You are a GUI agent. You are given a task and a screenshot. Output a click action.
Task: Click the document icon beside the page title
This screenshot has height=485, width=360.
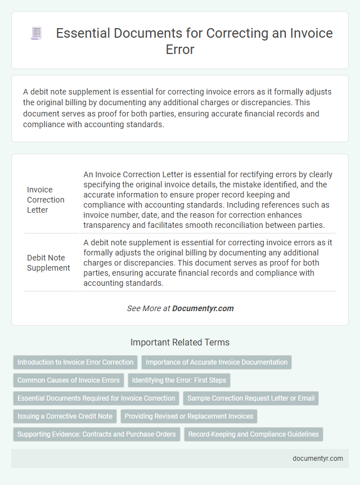click(37, 33)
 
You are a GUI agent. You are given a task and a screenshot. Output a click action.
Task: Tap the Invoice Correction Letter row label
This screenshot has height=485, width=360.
click(46, 200)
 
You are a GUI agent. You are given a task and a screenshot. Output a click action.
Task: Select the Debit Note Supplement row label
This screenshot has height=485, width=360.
click(48, 263)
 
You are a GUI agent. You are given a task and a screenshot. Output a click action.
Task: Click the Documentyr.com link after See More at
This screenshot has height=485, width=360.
click(202, 308)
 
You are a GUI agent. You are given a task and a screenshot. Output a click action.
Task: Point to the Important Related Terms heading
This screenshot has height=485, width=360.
click(180, 342)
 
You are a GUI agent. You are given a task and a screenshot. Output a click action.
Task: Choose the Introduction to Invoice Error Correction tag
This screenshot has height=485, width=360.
click(75, 362)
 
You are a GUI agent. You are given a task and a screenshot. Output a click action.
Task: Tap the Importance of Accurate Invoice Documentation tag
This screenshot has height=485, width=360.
click(217, 362)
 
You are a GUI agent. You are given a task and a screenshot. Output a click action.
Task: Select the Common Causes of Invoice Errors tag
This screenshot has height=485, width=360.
click(68, 380)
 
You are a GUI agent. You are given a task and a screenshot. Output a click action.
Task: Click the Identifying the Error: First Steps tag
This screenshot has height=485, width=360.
click(179, 380)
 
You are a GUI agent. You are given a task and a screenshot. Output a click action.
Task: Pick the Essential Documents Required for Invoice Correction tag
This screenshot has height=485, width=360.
click(96, 398)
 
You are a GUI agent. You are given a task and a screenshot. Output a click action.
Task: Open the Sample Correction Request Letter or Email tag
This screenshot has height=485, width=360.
click(251, 398)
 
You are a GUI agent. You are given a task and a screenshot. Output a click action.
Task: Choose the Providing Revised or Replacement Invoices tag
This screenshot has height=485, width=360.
click(188, 416)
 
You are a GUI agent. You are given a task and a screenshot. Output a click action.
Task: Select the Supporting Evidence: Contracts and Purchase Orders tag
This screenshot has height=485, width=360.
click(96, 434)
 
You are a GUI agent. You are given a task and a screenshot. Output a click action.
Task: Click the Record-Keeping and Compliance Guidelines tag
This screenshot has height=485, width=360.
click(253, 434)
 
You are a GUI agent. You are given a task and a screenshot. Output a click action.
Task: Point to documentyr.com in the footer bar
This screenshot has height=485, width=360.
click(318, 458)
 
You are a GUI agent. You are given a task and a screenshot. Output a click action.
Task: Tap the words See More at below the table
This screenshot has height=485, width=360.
click(148, 308)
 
